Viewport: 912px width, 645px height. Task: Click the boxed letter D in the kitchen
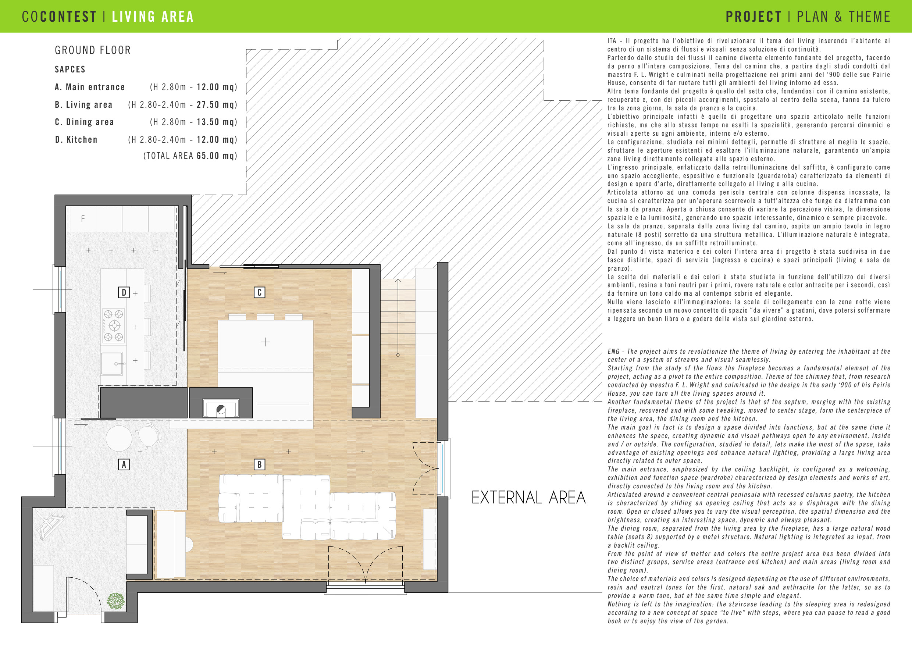tap(124, 292)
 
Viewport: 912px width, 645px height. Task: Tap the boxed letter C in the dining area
tap(259, 292)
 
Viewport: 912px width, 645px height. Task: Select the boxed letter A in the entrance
tap(124, 464)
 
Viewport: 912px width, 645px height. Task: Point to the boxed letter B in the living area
tap(259, 464)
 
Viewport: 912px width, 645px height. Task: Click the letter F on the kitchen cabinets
tap(83, 219)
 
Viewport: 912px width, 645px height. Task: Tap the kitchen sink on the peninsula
tap(112, 363)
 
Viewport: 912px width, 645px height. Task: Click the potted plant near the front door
tap(115, 601)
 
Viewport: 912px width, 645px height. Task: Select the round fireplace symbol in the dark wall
tap(221, 410)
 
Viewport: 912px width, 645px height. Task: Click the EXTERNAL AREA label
tap(528, 497)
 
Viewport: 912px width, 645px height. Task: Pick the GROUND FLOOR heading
tap(93, 50)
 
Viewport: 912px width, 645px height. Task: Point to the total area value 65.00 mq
tap(217, 156)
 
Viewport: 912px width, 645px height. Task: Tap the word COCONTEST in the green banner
tap(59, 17)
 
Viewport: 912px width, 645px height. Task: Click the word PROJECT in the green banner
tap(754, 17)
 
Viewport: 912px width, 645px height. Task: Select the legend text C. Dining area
tap(84, 122)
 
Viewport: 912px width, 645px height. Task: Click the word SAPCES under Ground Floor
tap(70, 70)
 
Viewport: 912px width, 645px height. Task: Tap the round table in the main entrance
tap(119, 438)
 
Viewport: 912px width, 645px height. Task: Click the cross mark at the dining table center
tap(266, 342)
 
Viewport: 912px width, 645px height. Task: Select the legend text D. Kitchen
tap(76, 140)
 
